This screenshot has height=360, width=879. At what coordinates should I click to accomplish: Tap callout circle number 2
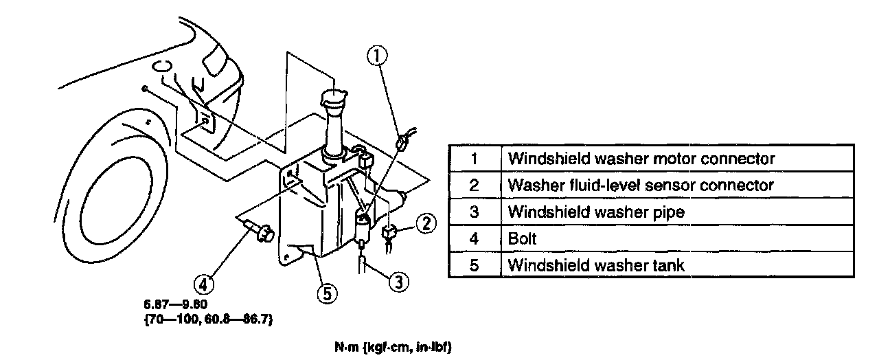426,223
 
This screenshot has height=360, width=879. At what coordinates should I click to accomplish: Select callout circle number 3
398,280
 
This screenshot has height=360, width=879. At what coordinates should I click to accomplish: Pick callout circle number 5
326,293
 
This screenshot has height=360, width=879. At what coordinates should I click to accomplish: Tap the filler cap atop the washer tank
334,97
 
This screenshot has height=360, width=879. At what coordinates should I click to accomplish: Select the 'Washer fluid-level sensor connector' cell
640,185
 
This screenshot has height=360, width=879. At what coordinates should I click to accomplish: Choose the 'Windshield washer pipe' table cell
596,212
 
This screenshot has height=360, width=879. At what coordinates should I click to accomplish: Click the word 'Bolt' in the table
522,238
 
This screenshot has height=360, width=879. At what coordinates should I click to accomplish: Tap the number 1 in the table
474,159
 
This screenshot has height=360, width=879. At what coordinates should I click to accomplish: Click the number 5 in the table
474,265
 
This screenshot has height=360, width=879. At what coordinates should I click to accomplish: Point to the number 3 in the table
474,212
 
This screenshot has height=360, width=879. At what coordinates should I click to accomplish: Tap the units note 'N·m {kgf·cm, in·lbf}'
393,348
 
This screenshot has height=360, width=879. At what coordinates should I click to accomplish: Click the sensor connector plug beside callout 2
388,234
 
